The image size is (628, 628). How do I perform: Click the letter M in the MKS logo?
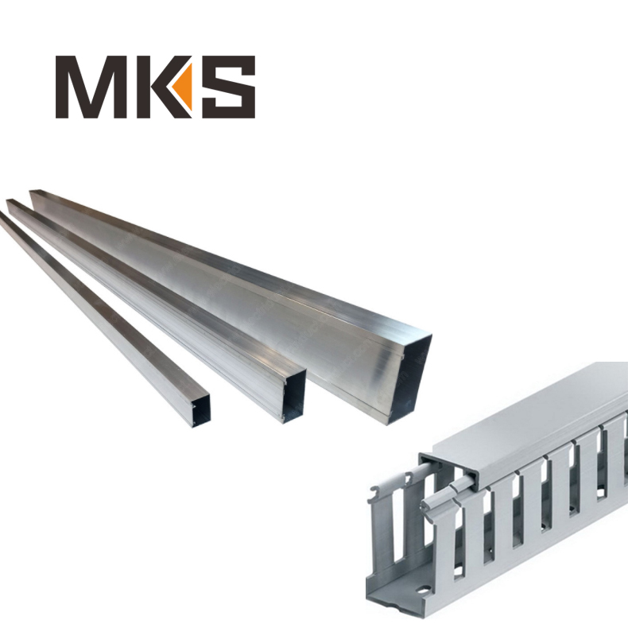point(90,87)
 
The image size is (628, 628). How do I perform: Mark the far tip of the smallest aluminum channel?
point(2,216)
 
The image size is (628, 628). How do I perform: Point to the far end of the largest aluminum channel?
point(33,193)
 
